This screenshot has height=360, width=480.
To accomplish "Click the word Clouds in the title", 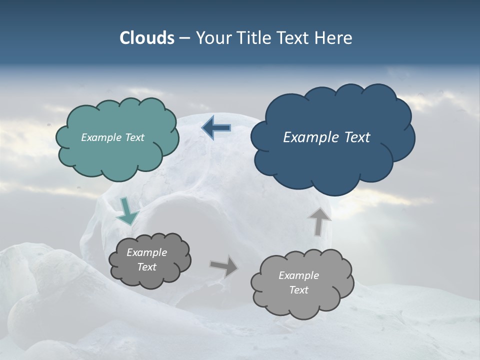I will [146, 38].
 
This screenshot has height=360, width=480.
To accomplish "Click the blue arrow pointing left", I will [216, 128].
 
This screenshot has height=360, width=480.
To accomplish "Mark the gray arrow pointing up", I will [319, 221].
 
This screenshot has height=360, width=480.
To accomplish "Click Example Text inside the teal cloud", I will [112, 137].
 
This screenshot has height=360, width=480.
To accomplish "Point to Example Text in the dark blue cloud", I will [326, 137].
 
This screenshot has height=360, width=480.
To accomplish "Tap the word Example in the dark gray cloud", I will [146, 252].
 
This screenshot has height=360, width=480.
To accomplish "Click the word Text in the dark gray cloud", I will [146, 267].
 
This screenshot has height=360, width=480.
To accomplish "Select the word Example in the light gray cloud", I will [298, 275].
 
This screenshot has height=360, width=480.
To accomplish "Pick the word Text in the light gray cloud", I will [298, 290].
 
